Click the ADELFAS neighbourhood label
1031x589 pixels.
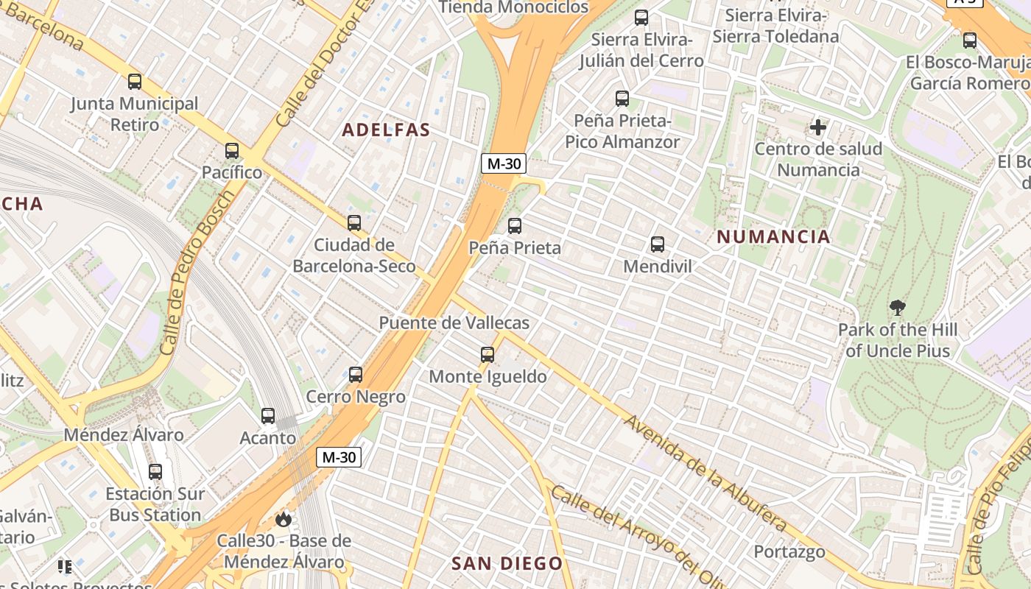(386, 130)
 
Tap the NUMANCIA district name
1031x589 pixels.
(773, 237)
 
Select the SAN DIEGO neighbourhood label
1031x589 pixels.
(507, 564)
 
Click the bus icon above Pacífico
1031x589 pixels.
(232, 151)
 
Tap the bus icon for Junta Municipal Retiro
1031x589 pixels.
(134, 82)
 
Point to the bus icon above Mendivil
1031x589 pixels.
(657, 244)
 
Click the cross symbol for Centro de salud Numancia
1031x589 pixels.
(817, 127)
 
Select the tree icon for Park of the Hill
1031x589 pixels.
(897, 308)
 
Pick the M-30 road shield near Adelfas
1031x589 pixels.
(503, 163)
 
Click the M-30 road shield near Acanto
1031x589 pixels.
(339, 457)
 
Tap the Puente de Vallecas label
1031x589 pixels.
(454, 323)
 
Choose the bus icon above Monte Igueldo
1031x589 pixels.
(487, 355)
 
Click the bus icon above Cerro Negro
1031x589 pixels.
(356, 375)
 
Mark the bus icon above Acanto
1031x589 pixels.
(268, 416)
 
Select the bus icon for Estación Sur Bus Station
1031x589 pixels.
(155, 472)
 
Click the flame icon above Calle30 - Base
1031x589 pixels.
(283, 520)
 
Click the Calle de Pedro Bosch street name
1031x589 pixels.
(200, 271)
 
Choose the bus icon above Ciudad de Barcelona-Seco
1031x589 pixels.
(354, 222)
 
